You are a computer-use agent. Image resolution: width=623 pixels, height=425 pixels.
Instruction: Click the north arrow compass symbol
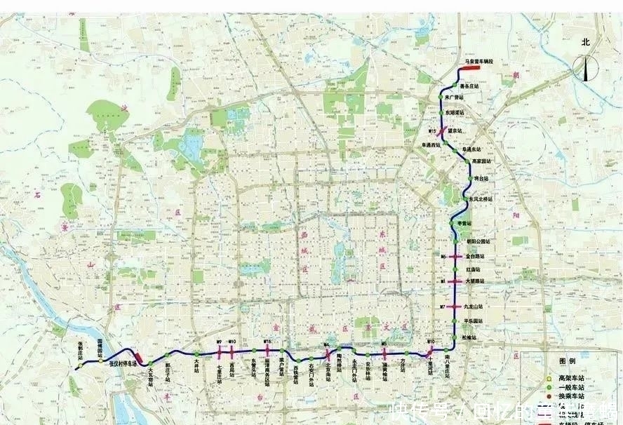(x=585, y=67)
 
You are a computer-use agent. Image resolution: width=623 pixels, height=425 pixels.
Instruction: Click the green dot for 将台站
(x=468, y=180)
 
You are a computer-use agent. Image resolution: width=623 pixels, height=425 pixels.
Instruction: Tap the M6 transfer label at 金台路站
(x=443, y=257)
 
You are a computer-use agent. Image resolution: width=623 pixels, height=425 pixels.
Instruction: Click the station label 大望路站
(x=476, y=281)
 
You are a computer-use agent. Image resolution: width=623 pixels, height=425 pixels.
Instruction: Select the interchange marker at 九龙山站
(x=454, y=307)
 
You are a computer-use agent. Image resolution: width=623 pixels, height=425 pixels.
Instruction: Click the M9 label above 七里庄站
(x=220, y=342)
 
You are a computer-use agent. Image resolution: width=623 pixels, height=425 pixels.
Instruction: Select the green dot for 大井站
(x=197, y=353)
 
